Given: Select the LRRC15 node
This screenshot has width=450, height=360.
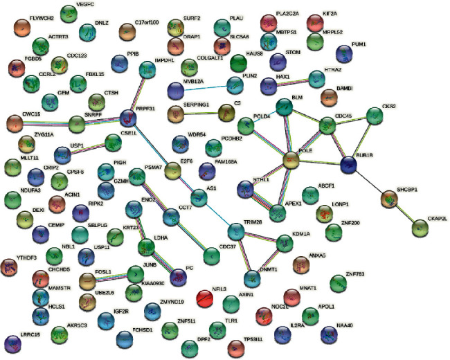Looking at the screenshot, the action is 13,343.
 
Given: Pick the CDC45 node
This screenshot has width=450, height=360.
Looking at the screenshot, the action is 327,127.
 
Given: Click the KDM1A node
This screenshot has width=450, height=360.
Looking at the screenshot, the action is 285,244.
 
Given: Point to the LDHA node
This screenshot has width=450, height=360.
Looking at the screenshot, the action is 147,247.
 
